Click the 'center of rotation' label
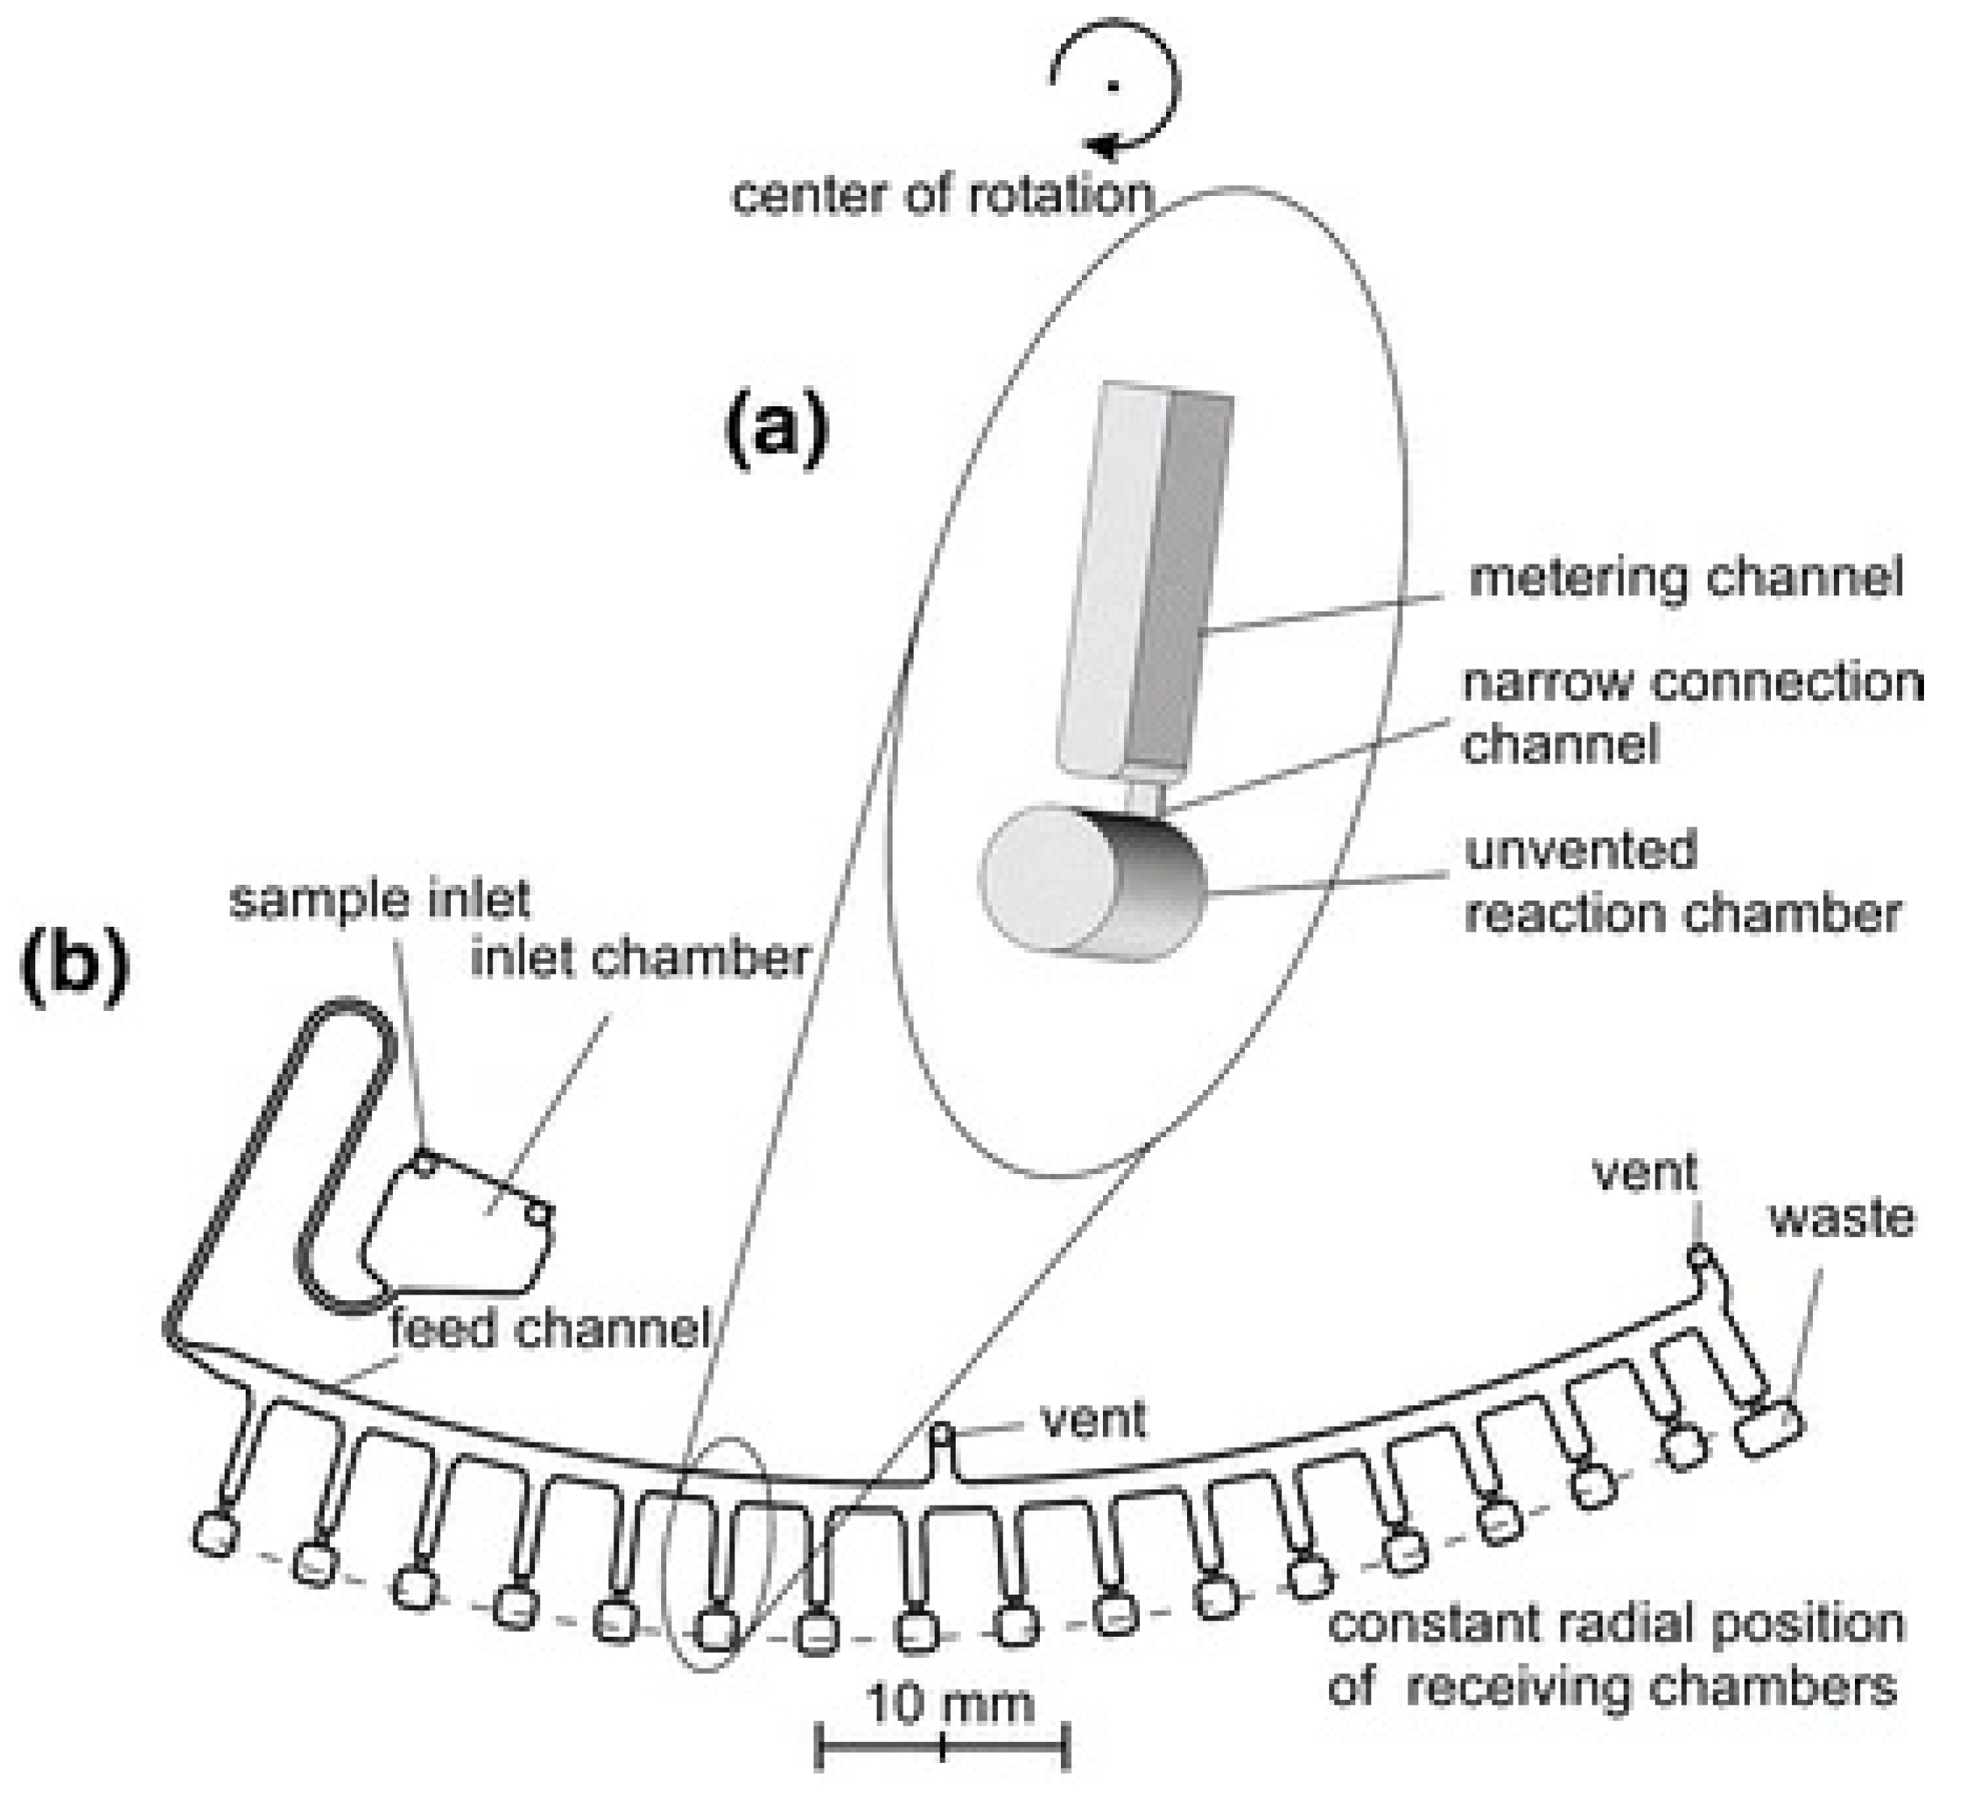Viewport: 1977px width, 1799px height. point(941,196)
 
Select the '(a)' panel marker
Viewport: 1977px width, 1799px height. point(776,431)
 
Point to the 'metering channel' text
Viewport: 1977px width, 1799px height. point(1686,578)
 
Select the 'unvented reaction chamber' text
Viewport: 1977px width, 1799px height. point(1681,881)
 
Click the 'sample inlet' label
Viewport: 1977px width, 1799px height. point(379,899)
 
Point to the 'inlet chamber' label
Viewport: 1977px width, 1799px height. point(639,958)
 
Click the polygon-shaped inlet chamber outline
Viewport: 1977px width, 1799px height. point(461,1225)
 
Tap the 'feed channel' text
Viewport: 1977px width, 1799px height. point(549,1330)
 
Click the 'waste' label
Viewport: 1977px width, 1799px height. point(1842,1219)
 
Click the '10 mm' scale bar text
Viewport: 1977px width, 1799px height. point(949,1705)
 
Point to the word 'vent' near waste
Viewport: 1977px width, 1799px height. point(1645,1172)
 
